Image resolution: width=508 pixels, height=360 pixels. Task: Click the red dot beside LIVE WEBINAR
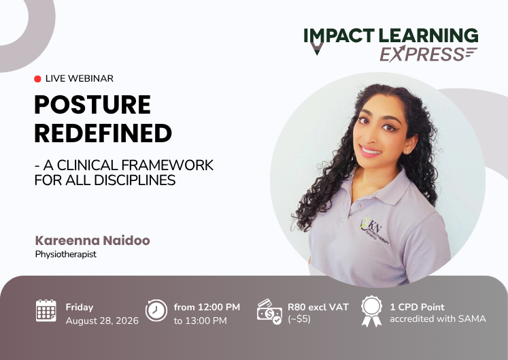[37, 79]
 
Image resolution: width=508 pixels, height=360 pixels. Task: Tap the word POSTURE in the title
[92, 104]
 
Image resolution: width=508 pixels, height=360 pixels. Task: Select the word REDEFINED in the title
[103, 133]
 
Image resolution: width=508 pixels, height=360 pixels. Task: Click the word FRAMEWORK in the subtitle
[168, 165]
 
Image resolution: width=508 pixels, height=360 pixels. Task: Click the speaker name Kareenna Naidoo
[92, 240]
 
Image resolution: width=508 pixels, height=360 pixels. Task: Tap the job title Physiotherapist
[66, 255]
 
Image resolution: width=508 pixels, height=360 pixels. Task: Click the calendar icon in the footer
[46, 311]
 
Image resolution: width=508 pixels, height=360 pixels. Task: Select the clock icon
[156, 310]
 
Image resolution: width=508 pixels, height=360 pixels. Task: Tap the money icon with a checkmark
[269, 312]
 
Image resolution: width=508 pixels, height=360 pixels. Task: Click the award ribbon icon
[371, 311]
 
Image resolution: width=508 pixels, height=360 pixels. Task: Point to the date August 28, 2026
[102, 321]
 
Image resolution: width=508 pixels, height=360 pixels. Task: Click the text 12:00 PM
[219, 307]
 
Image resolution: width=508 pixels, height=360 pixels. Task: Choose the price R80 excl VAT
[318, 307]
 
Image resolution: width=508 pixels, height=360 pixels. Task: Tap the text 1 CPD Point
[418, 307]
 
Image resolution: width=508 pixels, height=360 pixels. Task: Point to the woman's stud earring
[407, 152]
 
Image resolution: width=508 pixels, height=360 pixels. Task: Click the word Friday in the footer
[80, 307]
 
